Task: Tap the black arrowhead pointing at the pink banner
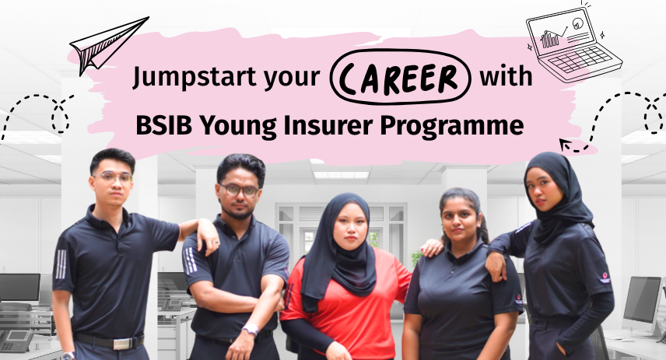click(x=566, y=144)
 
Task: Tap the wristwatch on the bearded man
click(x=249, y=330)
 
